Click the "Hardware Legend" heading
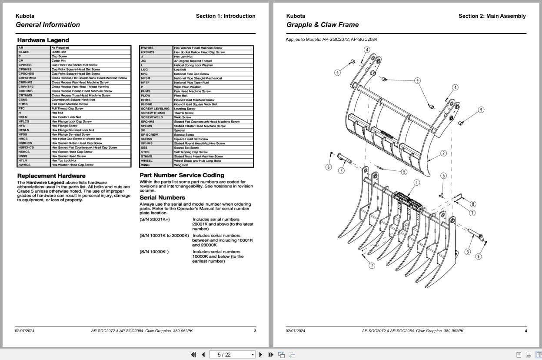[x=43, y=40]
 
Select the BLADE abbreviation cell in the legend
[x=24, y=52]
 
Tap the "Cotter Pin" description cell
[x=59, y=61]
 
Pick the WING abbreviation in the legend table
[x=145, y=165]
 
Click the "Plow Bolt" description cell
[x=180, y=96]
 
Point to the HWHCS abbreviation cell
[x=24, y=165]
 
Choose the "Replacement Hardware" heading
[x=51, y=176]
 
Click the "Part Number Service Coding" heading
[x=182, y=175]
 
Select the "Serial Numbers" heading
[x=162, y=197]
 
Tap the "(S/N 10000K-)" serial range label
[x=154, y=252]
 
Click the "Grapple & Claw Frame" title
[x=323, y=25]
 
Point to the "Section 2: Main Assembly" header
[x=492, y=16]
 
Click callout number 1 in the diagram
[x=416, y=183]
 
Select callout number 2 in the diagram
[x=443, y=153]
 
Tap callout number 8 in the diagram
[x=473, y=204]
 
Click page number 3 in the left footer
[x=255, y=331]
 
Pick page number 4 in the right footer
[x=525, y=331]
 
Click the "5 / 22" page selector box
[x=232, y=354]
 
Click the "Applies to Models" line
[x=331, y=40]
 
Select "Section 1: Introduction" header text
[x=226, y=16]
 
